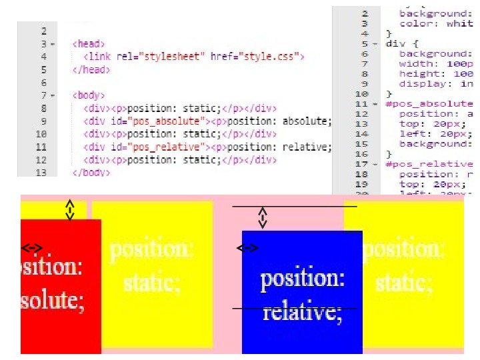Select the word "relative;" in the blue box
pyautogui.click(x=303, y=311)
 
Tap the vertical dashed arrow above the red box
pyautogui.click(x=69, y=209)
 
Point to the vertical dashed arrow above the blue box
pyautogui.click(x=263, y=218)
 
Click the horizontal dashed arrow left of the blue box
pyautogui.click(x=248, y=248)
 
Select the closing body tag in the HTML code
pyautogui.click(x=91, y=173)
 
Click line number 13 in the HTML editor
pyautogui.click(x=43, y=173)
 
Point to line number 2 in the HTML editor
pyautogui.click(x=44, y=31)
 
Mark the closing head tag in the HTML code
pyautogui.click(x=89, y=69)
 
